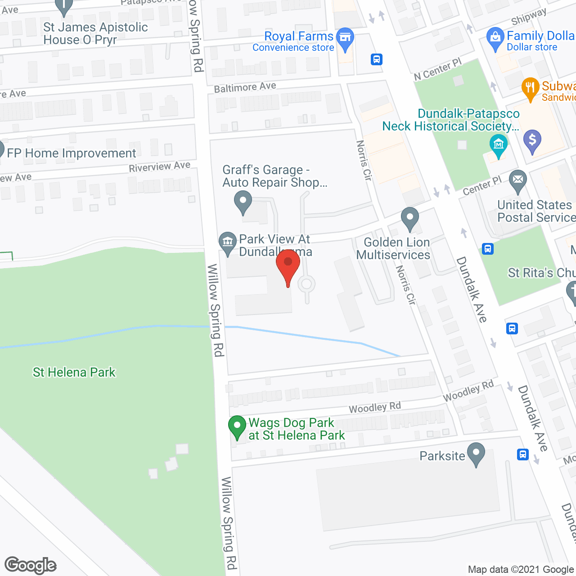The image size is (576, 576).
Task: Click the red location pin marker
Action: point(288,265)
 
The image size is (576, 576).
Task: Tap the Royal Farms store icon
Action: point(345,39)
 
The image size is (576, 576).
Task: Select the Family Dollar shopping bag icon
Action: point(495,39)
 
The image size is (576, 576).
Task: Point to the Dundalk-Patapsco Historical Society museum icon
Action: point(499,145)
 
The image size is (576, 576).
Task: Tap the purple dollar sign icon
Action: point(532,140)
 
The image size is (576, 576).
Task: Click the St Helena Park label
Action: point(74,373)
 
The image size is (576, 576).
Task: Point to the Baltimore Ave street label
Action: point(245,87)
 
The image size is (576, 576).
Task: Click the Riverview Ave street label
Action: point(160,167)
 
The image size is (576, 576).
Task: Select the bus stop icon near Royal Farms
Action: point(377,59)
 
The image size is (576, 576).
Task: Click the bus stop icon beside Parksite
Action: point(522,454)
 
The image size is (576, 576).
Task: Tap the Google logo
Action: point(31,565)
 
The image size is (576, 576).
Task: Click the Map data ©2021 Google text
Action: point(521,570)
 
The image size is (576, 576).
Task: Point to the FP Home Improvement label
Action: point(72,153)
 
